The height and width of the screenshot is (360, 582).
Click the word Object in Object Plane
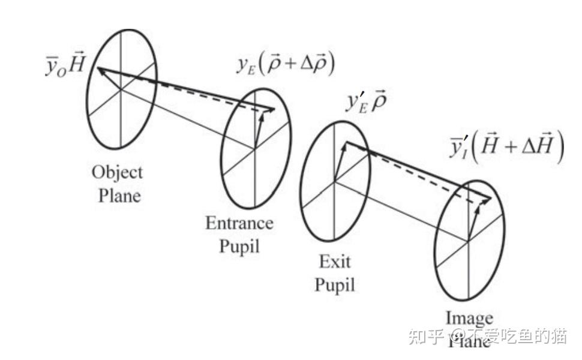click(117, 173)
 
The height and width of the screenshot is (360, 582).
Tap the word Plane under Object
click(121, 196)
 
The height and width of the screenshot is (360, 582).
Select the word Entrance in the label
click(239, 224)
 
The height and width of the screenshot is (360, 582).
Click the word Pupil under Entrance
click(239, 246)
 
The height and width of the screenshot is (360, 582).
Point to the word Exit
click(335, 262)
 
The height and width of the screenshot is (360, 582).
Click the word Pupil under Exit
click(335, 284)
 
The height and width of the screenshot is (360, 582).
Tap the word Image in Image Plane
click(469, 318)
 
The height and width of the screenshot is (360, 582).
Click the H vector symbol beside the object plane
click(77, 65)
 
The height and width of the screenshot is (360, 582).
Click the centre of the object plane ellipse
click(121, 89)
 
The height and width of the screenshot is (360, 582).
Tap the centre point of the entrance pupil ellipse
click(255, 148)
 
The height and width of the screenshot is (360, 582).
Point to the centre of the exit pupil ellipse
click(334, 180)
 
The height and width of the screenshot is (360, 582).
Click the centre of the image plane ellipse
click(468, 241)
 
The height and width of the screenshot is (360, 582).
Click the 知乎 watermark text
click(425, 337)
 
